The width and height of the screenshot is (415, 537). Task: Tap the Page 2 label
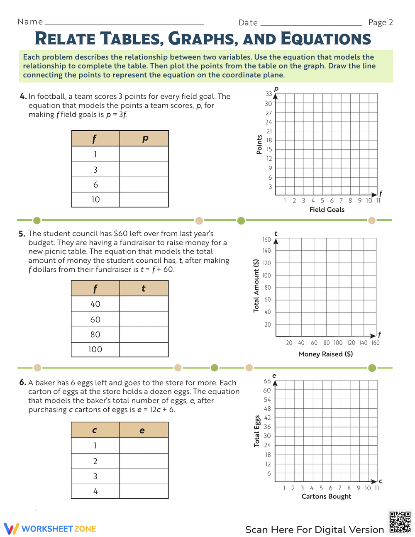[x=380, y=22]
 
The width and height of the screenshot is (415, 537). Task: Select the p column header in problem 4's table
[x=144, y=139]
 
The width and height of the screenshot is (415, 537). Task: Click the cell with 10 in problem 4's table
[x=95, y=200]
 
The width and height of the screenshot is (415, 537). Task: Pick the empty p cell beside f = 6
[x=144, y=185]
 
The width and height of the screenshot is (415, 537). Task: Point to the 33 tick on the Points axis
[x=269, y=94]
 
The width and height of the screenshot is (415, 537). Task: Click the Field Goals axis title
[x=327, y=210]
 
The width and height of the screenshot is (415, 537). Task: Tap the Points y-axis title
[x=259, y=144]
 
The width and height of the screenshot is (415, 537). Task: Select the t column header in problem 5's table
[x=144, y=288]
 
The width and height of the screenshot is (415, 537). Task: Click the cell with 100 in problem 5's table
[x=95, y=349]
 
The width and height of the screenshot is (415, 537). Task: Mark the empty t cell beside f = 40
[x=144, y=304]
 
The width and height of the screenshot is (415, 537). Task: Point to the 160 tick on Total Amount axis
[x=266, y=240]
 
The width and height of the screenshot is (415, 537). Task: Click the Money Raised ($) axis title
[x=326, y=354]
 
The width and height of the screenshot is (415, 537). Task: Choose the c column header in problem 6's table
[x=95, y=430]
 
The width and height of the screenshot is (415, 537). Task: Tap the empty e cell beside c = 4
[x=144, y=491]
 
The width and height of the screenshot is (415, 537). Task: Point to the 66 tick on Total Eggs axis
[x=267, y=381]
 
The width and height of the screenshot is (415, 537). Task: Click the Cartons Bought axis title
[x=326, y=496]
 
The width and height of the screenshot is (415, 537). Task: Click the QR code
[x=400, y=522]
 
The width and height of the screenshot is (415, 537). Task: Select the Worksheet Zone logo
[x=50, y=529]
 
